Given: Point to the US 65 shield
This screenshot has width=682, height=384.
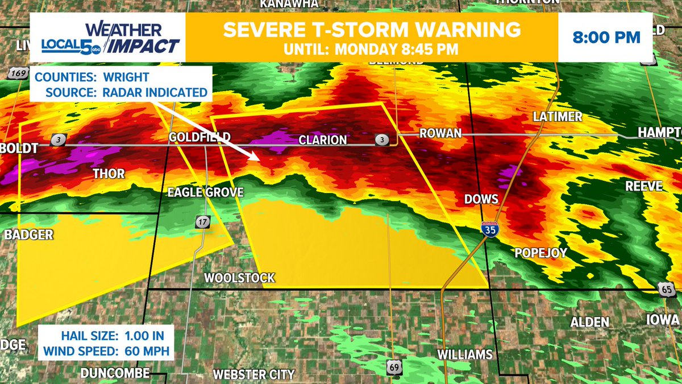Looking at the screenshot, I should coord(669,290).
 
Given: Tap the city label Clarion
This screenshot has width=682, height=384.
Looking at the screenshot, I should coord(322,140).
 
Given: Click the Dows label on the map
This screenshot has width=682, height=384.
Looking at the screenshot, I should coord(481,199).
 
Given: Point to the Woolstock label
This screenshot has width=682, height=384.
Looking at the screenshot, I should coord(239,278).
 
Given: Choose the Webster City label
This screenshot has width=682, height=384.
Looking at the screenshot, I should coord(253,374).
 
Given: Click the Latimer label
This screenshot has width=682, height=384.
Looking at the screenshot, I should coord(558,117).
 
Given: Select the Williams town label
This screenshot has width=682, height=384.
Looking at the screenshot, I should coord(465,355).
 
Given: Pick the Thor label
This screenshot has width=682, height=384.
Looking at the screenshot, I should coord(108,173).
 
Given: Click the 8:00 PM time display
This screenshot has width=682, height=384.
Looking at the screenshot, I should coord(606,38).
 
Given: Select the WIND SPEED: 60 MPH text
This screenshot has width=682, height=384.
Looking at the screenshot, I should coord(105,352).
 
